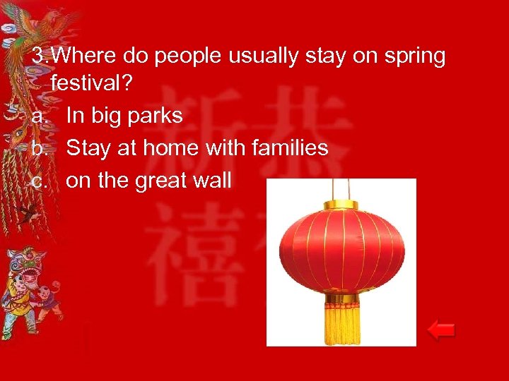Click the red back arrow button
pyautogui.click(x=441, y=330)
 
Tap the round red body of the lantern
pyautogui.click(x=343, y=250)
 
